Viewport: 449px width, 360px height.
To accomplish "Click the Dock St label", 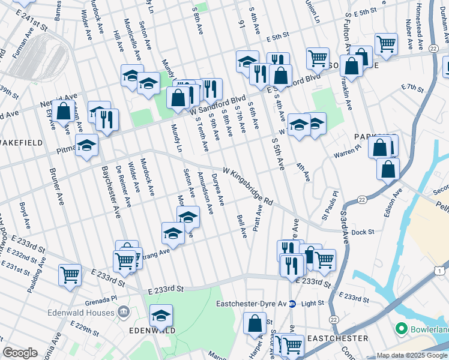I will pyautogui.click(x=363, y=232).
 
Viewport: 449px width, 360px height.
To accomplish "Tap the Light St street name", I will pyautogui.click(x=312, y=304).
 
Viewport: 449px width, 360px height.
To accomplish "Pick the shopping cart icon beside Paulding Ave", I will pyautogui.click(x=70, y=274).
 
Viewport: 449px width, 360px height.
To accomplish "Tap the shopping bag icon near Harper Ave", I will pyautogui.click(x=255, y=322).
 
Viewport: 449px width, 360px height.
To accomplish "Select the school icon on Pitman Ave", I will pyautogui.click(x=87, y=145).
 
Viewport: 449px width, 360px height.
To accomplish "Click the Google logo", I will pyautogui.click(x=20, y=353).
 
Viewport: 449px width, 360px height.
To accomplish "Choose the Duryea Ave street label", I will pyautogui.click(x=218, y=190).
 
